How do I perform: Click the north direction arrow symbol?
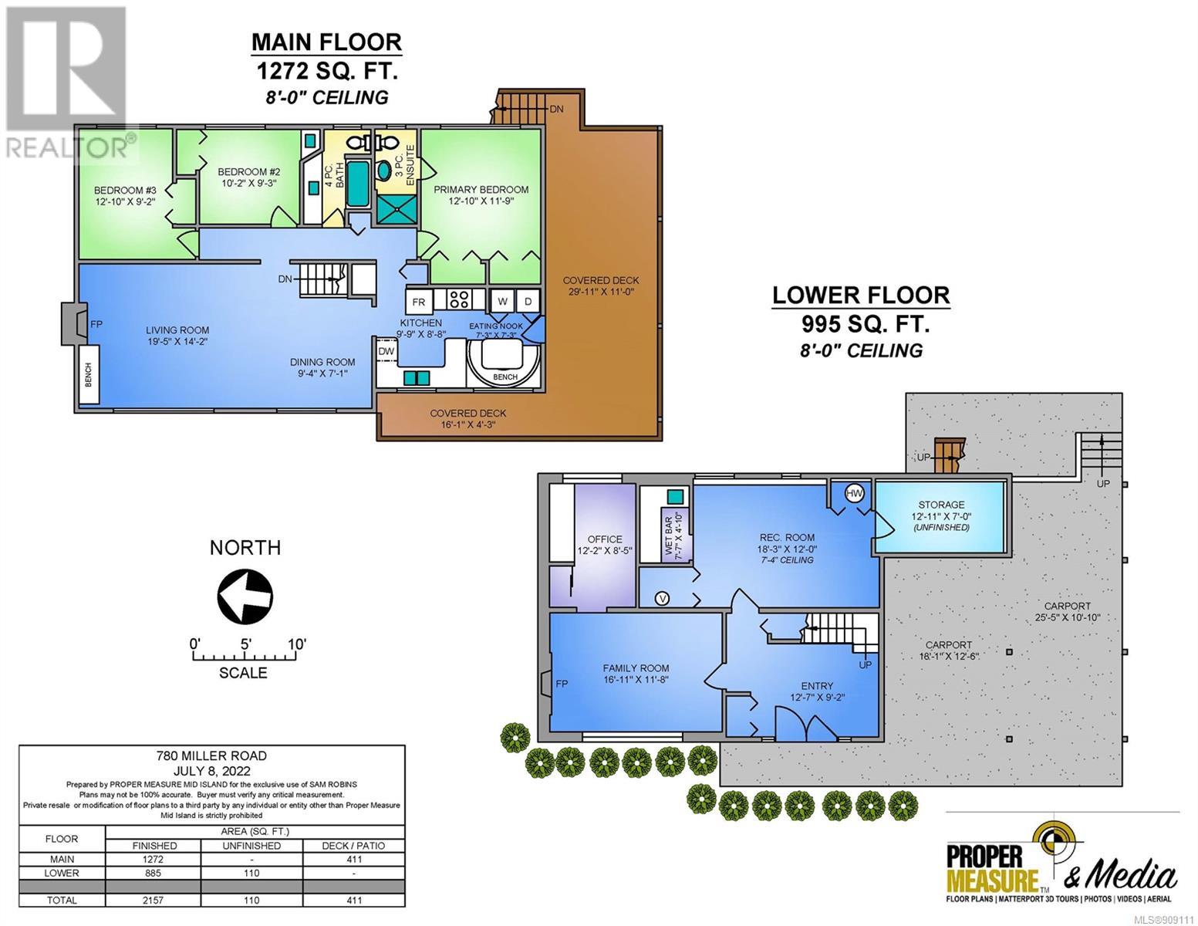tap(245, 596)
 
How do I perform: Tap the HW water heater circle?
tap(854, 493)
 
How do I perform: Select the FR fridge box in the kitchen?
tap(419, 302)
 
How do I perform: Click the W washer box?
tap(502, 301)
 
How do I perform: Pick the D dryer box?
tap(528, 301)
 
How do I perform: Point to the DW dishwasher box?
tap(386, 351)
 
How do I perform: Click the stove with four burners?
tap(459, 299)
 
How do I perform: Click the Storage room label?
tap(941, 504)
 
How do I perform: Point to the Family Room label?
tap(636, 668)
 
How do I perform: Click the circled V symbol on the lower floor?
tap(662, 598)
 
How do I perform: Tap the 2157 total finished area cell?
tap(154, 900)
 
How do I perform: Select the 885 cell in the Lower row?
tap(154, 873)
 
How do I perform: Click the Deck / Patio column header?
tap(353, 846)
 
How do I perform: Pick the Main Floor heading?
tap(326, 42)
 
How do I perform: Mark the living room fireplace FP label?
tap(96, 324)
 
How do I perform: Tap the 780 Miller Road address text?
tap(211, 755)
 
